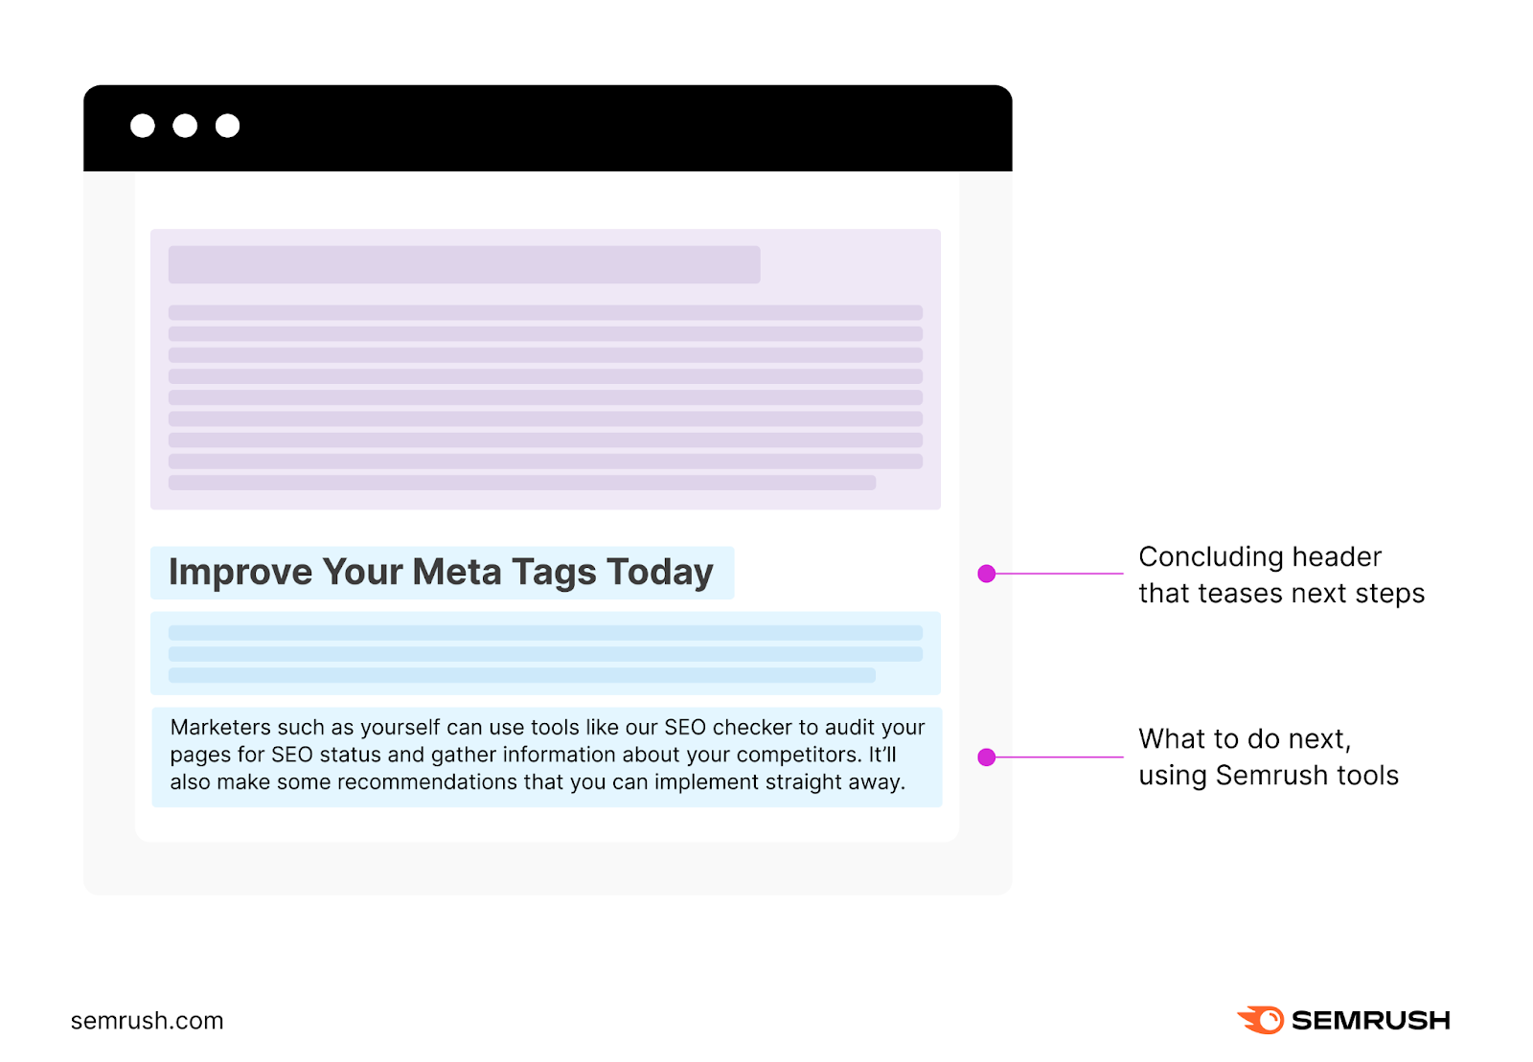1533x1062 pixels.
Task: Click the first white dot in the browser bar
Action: pyautogui.click(x=143, y=125)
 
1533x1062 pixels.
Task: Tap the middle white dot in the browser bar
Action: pyautogui.click(x=185, y=125)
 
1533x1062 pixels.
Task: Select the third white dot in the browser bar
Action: pyautogui.click(x=227, y=125)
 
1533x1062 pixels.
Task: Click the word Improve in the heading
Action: pyautogui.click(x=240, y=573)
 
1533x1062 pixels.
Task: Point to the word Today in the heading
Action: pyautogui.click(x=660, y=572)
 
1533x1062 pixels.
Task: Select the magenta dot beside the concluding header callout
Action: pyautogui.click(x=987, y=574)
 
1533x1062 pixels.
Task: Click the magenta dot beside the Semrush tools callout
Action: pyautogui.click(x=987, y=757)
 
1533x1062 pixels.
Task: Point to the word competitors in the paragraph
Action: pyautogui.click(x=797, y=755)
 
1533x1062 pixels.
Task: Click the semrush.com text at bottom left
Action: pyautogui.click(x=147, y=1021)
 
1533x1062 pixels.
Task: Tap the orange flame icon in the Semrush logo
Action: pyautogui.click(x=1262, y=1020)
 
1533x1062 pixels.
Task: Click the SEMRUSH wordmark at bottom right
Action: pyautogui.click(x=1370, y=1021)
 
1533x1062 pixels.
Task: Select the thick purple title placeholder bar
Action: pyautogui.click(x=465, y=264)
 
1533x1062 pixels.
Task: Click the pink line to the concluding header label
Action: pyautogui.click(x=1059, y=574)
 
